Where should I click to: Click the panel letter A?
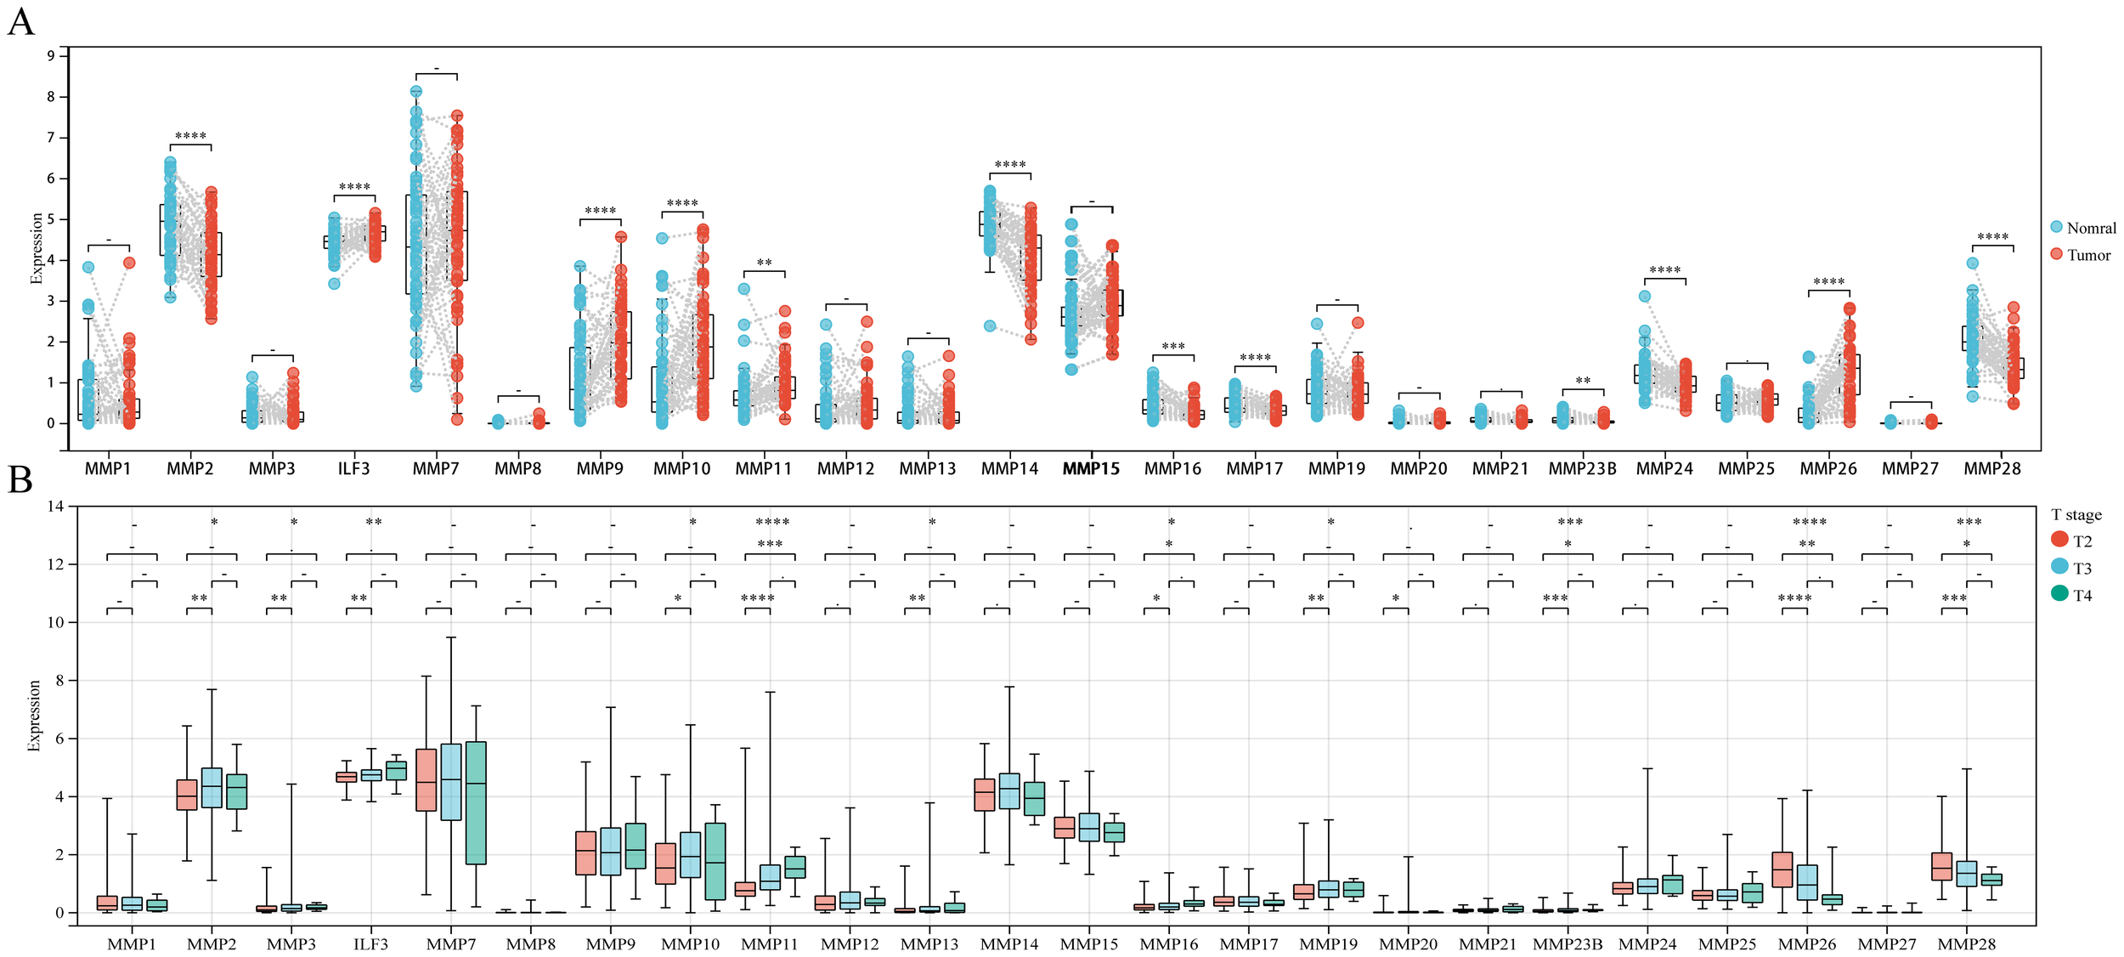20,21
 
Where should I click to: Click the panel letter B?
20,480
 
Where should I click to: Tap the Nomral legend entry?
2090,228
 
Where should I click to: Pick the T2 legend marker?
2059,539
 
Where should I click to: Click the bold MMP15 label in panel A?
1091,468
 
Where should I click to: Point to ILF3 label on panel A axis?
353,468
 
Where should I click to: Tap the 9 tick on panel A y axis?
51,56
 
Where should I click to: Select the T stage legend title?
2076,514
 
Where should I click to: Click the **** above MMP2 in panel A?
190,137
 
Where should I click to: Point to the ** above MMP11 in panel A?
764,263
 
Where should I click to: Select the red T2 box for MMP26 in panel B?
1782,869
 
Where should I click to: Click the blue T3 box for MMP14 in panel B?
1009,790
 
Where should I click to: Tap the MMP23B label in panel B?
1568,943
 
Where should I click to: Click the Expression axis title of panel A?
37,248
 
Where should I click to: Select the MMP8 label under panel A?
517,468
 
